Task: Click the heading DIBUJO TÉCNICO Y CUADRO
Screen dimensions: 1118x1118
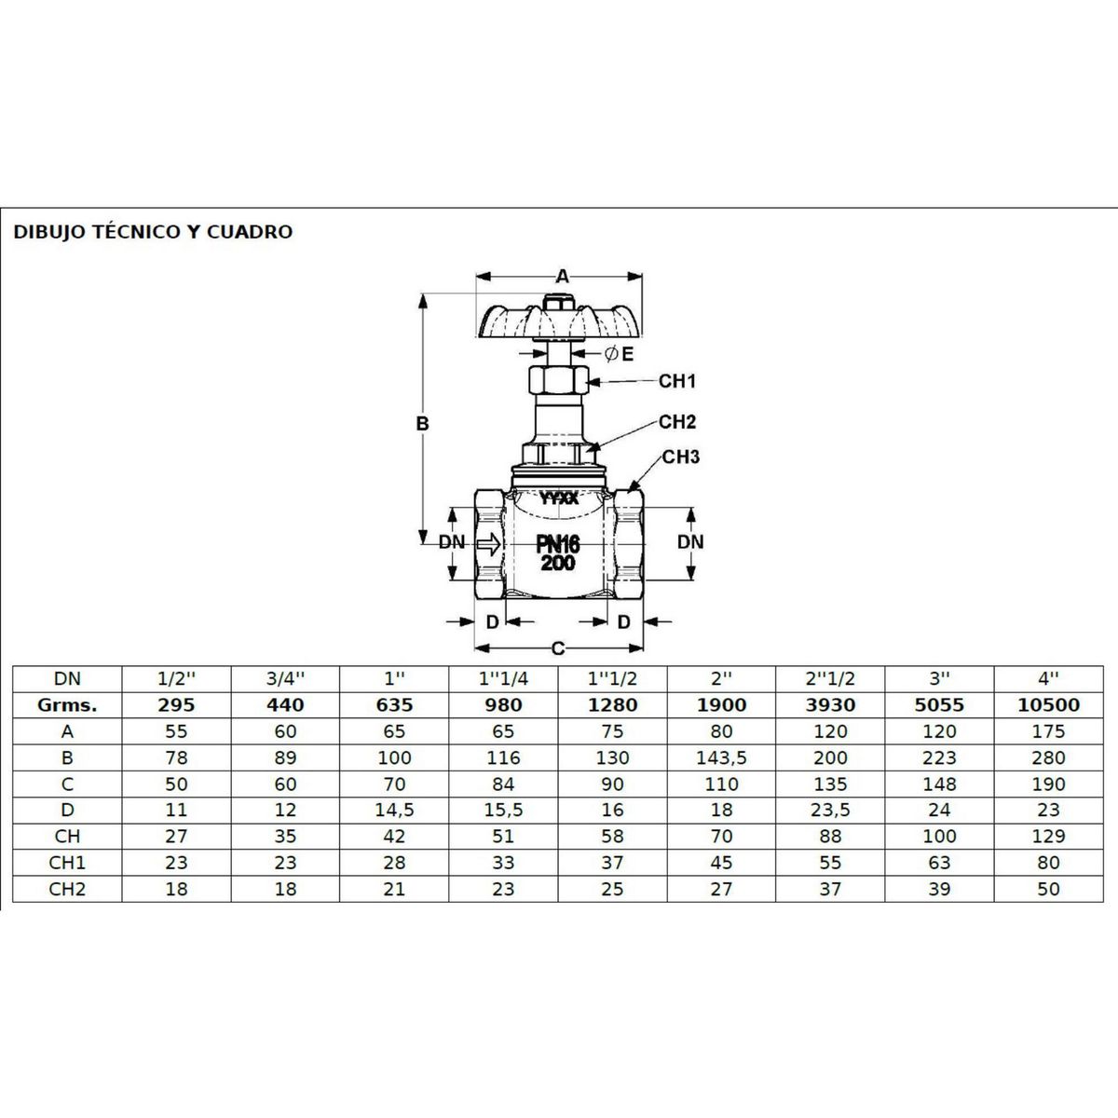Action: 153,232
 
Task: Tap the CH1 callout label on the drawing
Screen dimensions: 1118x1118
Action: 676,381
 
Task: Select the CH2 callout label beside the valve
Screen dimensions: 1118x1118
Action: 676,422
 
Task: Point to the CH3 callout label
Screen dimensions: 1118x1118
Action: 680,457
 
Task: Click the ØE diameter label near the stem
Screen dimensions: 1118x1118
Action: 619,354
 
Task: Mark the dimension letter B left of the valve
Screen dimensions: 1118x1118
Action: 422,424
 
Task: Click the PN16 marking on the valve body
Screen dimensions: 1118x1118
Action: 557,544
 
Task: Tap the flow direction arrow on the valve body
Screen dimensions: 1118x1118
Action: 488,543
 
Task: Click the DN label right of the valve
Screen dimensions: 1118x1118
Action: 690,542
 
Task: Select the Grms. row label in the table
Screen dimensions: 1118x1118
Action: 67,705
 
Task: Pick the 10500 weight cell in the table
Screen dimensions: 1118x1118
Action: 1048,705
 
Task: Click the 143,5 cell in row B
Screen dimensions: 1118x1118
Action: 721,757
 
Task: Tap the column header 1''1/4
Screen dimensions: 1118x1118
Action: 503,679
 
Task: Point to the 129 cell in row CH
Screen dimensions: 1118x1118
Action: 1048,836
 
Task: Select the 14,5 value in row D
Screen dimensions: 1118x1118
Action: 394,810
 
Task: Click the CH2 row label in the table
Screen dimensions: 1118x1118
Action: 67,889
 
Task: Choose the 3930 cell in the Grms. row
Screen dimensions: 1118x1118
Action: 830,705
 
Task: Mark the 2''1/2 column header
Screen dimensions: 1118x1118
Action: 830,679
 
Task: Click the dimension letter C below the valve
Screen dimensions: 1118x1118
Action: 558,648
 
